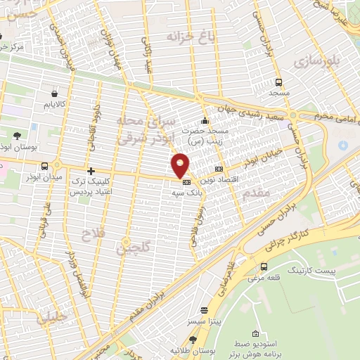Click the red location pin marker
pos(181,165)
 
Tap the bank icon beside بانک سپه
pos(176,181)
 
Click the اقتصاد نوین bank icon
pos(219,169)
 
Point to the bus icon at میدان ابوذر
pos(46,167)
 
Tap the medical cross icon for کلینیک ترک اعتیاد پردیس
pos(91,171)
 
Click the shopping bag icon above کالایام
pos(54,92)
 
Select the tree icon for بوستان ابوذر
pos(15,136)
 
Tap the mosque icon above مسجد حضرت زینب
pos(205,120)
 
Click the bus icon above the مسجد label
pos(279,81)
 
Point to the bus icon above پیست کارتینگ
pos(264,266)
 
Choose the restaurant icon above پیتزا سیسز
pos(205,309)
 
